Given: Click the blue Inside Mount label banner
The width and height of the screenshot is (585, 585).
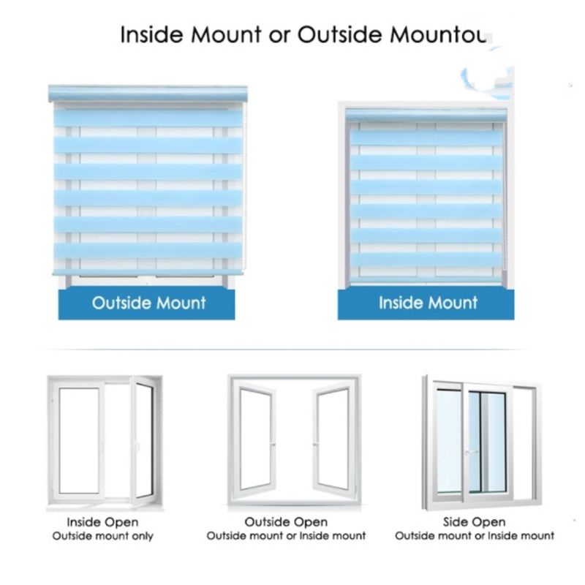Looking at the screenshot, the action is coord(426,303).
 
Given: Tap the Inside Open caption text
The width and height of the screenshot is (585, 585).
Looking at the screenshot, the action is coord(102,522).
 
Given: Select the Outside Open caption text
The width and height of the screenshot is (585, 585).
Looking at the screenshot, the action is coord(286,522).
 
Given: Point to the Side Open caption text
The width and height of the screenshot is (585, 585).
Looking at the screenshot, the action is coord(474,522).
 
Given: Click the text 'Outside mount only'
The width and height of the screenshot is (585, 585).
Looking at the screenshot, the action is coord(102,536).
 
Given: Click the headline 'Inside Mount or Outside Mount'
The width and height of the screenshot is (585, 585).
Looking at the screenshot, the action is coord(307,35).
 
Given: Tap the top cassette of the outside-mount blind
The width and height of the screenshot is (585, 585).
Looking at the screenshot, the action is coord(148,94).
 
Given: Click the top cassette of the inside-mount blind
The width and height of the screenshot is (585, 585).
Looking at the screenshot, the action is coord(426,115).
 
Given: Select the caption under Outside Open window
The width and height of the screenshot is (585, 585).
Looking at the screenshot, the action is coord(286,536).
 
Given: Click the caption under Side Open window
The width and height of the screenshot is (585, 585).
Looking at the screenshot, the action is coord(475,536).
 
